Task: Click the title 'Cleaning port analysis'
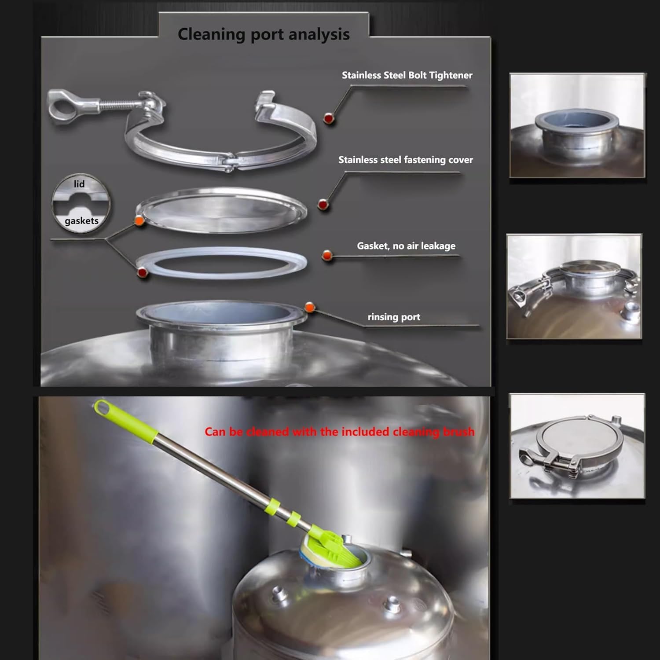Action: [x=264, y=34]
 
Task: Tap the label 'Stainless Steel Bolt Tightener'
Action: [x=407, y=75]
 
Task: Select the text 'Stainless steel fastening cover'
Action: [x=406, y=160]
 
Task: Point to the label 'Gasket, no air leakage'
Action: [x=406, y=246]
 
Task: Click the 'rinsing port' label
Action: [x=394, y=317]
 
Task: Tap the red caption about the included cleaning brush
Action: [x=340, y=432]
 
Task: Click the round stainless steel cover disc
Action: [x=221, y=210]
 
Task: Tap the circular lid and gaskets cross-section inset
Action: [x=81, y=203]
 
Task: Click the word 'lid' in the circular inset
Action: [x=79, y=184]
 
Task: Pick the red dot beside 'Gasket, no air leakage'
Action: [x=326, y=255]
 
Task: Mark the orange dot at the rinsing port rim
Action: [x=310, y=307]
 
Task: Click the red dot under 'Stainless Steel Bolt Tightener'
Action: [x=328, y=118]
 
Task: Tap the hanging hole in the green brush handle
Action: [x=102, y=406]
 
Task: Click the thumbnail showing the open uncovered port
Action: [x=577, y=125]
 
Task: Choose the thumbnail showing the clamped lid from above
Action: [x=577, y=446]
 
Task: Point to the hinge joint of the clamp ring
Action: [x=229, y=161]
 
